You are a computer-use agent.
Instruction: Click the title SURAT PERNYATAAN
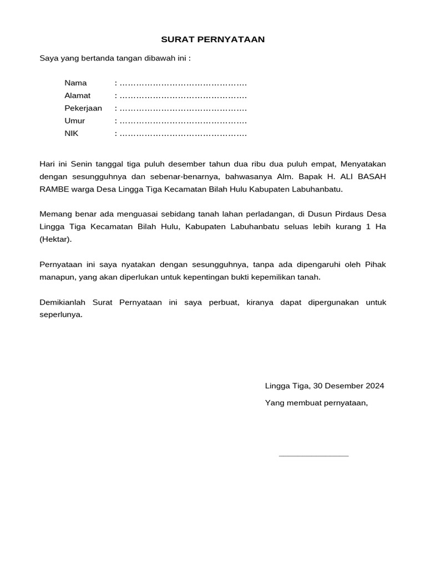tap(213, 39)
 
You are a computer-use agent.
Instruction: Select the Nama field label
tap(75, 83)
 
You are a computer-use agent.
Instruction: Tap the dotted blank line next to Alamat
tap(183, 96)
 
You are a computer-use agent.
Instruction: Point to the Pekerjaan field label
tap(83, 108)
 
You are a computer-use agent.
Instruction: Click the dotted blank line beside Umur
tap(183, 121)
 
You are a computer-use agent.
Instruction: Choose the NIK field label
tap(72, 134)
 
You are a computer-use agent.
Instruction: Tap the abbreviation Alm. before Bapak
tap(291, 176)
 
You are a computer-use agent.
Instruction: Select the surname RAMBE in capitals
tap(54, 189)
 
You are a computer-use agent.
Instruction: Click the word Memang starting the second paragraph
tap(56, 214)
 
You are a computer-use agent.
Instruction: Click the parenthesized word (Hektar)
tap(55, 239)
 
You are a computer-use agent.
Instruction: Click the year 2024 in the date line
tap(374, 386)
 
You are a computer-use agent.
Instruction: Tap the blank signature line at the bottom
tap(313, 455)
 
